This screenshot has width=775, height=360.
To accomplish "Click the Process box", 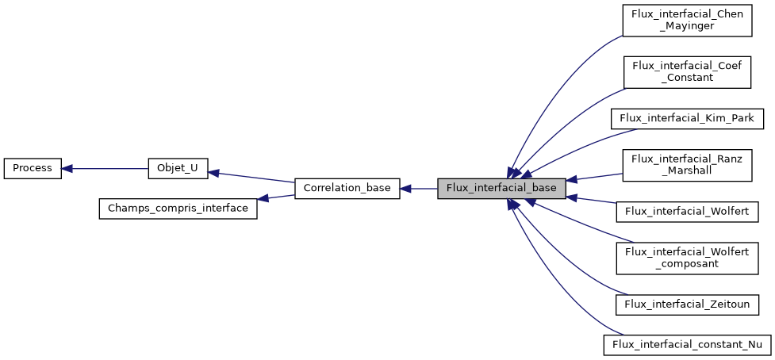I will tap(33, 168).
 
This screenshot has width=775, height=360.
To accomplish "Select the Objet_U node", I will tap(178, 168).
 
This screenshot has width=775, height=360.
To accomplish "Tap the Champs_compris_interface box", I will tap(178, 209).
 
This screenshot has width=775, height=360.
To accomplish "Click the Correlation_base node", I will tap(347, 189).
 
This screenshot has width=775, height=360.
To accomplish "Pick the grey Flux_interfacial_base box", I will tap(501, 189).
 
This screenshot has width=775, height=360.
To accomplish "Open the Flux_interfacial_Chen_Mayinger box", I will tap(686, 20).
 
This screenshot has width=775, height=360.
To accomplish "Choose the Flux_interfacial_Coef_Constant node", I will tap(686, 71).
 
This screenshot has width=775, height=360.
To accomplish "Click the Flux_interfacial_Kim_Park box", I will tap(686, 118).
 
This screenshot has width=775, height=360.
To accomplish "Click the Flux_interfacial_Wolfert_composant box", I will tap(686, 257).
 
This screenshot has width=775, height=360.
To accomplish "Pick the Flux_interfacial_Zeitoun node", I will tap(686, 304).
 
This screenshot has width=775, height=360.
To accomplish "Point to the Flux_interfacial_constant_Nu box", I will tap(686, 345).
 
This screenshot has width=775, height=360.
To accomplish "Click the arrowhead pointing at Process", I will tap(67, 168).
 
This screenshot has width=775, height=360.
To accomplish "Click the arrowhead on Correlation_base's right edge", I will tap(405, 189).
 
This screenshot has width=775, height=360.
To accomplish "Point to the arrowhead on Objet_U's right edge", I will tap(213, 172).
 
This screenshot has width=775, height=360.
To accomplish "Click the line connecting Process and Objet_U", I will tap(107, 168).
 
